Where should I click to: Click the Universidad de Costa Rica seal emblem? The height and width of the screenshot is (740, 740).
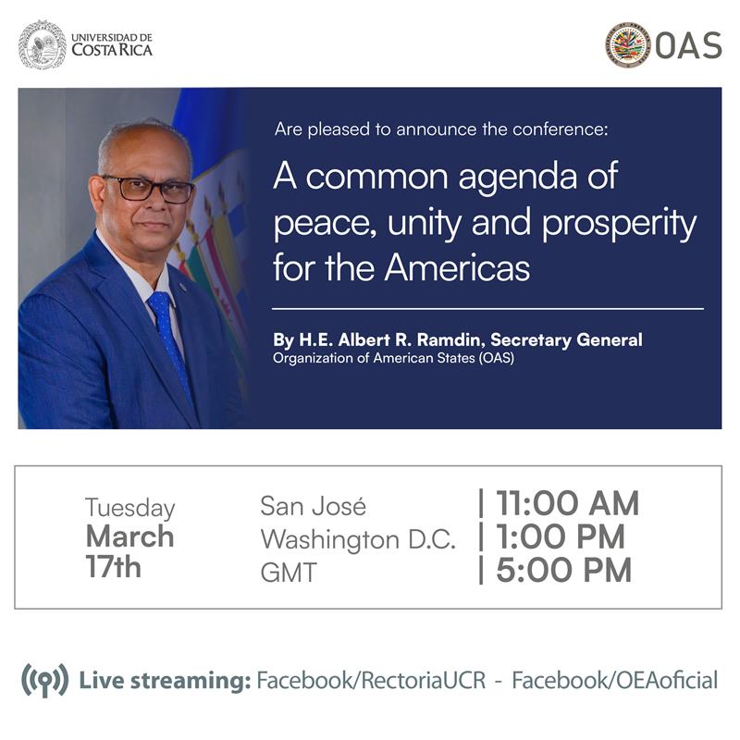(x=43, y=44)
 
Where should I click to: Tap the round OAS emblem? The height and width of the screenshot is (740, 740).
(x=628, y=45)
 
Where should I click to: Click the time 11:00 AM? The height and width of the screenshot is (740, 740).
(x=567, y=504)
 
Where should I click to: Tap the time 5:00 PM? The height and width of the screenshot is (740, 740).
(x=564, y=571)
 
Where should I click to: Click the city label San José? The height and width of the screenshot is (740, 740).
(x=313, y=507)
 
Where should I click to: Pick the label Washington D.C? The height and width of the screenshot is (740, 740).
(x=358, y=539)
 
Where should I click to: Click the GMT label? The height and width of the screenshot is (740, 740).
(x=288, y=573)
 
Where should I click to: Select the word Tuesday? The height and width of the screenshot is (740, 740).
(x=129, y=508)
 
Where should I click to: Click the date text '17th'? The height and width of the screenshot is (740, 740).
(x=113, y=567)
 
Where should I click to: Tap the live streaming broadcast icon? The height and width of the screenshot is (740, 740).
(x=44, y=682)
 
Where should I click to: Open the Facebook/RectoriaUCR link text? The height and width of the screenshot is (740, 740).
(x=368, y=682)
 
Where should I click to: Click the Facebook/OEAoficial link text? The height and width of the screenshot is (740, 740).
(x=614, y=682)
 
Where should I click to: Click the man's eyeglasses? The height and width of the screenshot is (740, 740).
(x=149, y=188)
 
